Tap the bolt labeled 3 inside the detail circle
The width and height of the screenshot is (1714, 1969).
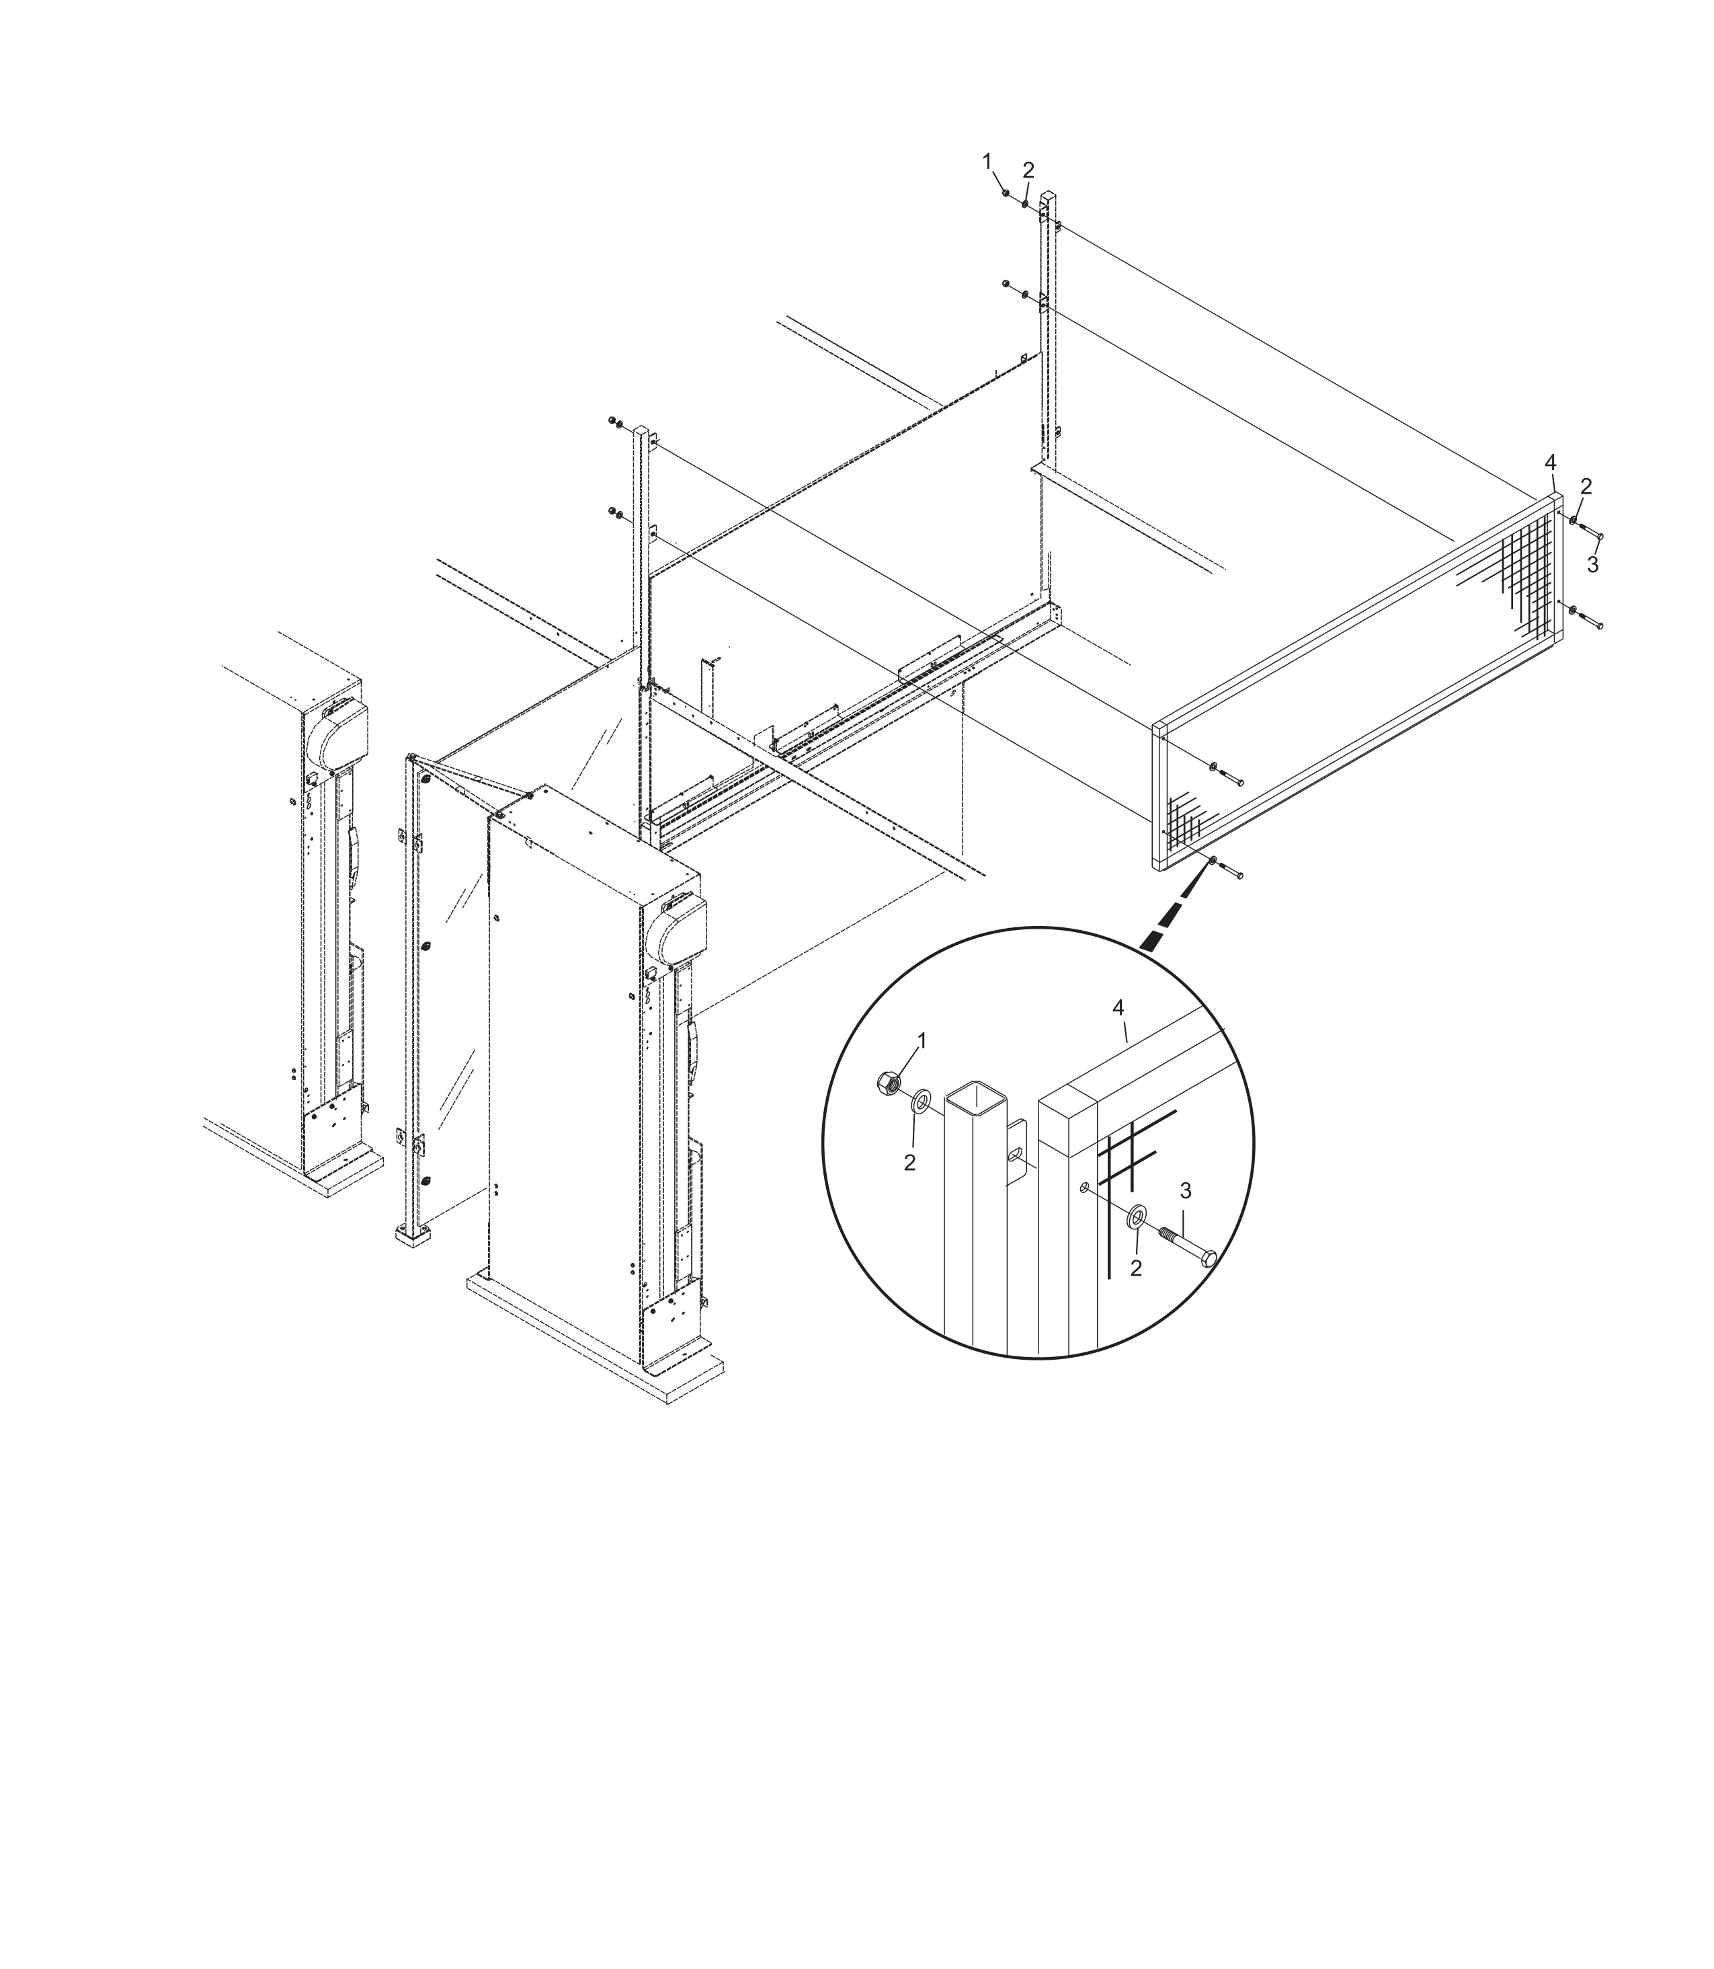point(1188,1245)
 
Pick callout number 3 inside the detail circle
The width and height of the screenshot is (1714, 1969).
point(1186,1190)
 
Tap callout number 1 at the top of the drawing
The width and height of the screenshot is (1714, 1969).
point(987,161)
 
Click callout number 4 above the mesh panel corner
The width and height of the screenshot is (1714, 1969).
point(1551,464)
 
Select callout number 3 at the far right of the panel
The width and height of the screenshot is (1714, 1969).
point(1592,566)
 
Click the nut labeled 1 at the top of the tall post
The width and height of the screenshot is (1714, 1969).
point(1006,193)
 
